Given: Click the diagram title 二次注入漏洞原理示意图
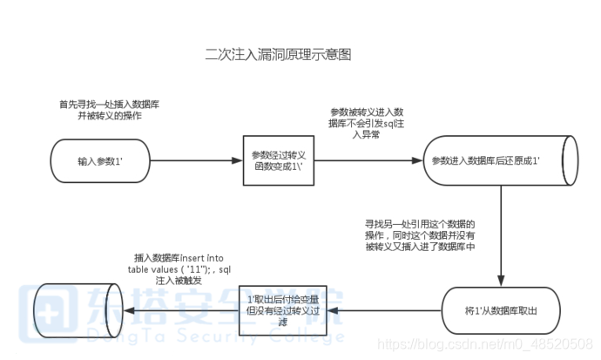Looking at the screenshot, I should click(x=278, y=55).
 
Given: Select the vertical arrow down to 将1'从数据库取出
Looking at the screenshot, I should click(x=501, y=235).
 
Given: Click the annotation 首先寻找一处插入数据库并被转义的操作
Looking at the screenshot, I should click(x=109, y=110).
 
